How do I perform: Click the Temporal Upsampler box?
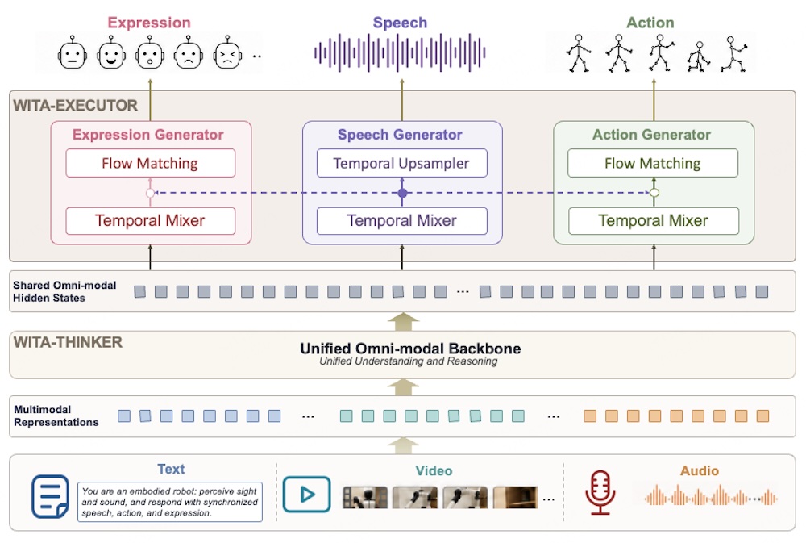[401, 163]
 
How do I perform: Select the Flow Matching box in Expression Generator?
[150, 163]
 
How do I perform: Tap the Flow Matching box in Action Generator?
[653, 163]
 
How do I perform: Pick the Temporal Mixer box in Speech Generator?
[401, 221]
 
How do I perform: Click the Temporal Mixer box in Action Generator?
[654, 221]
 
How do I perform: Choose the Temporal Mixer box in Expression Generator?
[150, 221]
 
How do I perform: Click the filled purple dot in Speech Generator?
[402, 193]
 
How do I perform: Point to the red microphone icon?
[600, 492]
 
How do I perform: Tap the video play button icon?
[306, 495]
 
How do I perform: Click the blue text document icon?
[50, 496]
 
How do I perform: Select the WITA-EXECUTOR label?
[76, 106]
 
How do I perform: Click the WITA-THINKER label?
[68, 342]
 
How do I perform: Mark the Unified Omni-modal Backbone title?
[410, 349]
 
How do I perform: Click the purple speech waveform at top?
[400, 52]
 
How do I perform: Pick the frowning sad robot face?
[188, 53]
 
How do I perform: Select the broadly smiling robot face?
[111, 53]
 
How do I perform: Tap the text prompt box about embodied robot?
[169, 502]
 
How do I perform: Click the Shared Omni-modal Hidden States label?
[64, 291]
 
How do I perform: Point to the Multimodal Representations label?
[56, 416]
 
